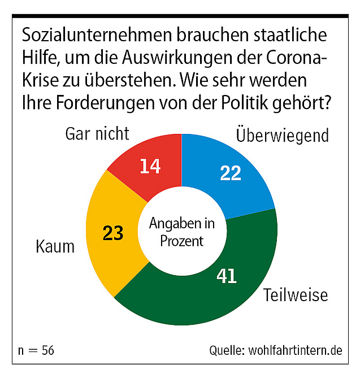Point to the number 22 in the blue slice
coord(231,173)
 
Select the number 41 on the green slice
coord(227,276)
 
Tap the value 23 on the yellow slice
coord(113,233)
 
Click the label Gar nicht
coord(97,134)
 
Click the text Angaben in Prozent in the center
coord(181,232)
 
